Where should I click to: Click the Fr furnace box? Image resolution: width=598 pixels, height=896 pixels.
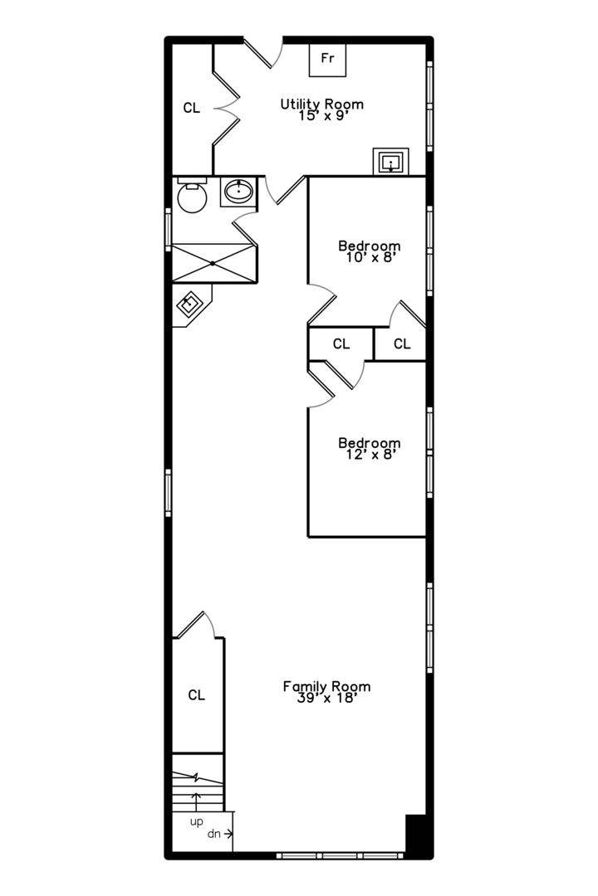click(327, 59)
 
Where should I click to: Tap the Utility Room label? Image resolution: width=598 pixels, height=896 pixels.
click(321, 104)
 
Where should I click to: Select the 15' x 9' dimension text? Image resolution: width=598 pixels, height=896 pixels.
click(323, 116)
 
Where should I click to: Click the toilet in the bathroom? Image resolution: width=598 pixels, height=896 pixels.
click(192, 196)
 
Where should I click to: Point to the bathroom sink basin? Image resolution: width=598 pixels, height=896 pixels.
click(238, 191)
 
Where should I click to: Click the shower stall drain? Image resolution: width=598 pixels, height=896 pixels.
click(213, 264)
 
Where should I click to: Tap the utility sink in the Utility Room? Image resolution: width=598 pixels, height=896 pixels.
click(391, 162)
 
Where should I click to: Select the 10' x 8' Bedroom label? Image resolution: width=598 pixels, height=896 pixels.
click(369, 246)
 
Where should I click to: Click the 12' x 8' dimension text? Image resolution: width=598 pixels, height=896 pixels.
click(371, 455)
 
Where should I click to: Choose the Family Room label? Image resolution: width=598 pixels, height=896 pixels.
click(326, 686)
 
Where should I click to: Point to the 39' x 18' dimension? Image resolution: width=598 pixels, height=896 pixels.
click(327, 699)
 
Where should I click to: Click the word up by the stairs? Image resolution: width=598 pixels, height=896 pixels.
click(196, 822)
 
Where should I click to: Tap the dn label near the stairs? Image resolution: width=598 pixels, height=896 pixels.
click(214, 834)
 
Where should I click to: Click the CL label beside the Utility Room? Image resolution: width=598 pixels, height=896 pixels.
click(192, 108)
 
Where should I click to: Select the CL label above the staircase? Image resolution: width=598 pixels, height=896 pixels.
click(196, 695)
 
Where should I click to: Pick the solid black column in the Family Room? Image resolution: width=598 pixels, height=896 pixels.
click(415, 835)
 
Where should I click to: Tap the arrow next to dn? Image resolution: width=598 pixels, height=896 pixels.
click(228, 834)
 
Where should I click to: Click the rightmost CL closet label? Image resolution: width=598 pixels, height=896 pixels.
click(402, 343)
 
